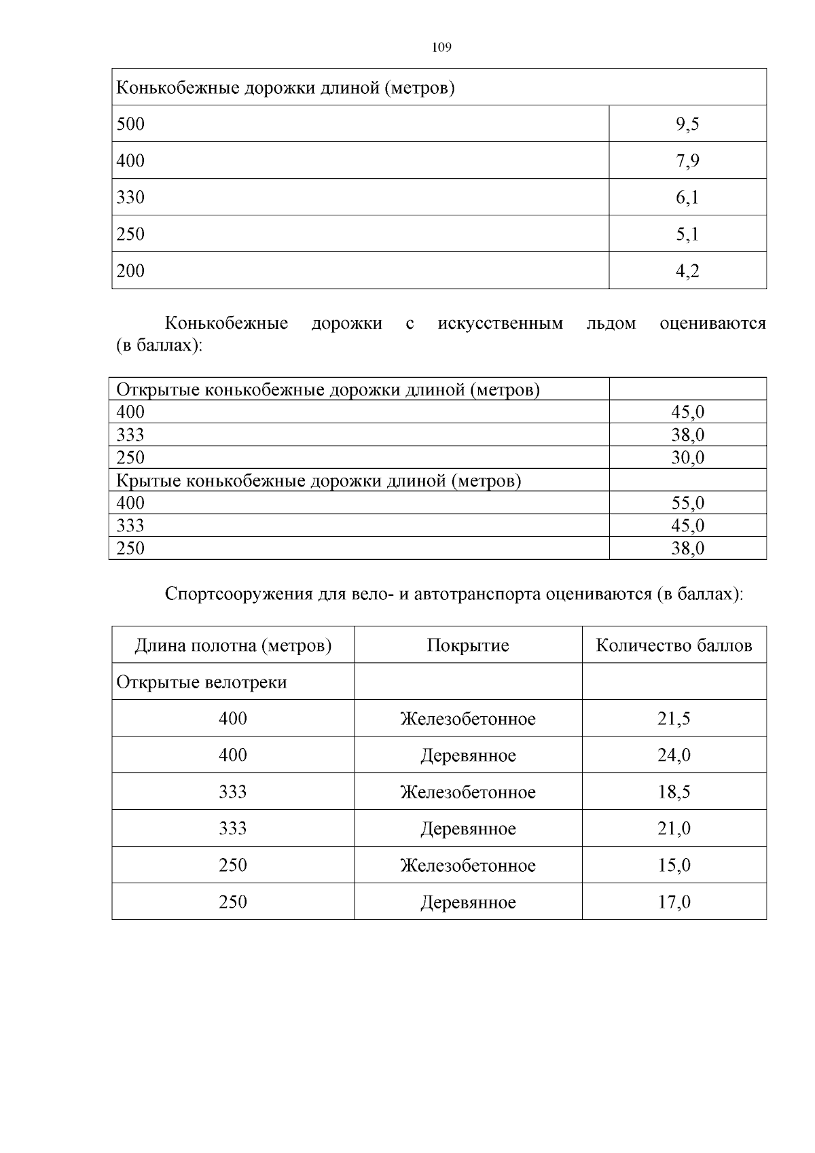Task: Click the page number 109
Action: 441,48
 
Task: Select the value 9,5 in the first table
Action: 687,124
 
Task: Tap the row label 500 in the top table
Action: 130,124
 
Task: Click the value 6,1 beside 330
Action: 687,198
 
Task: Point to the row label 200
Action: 130,271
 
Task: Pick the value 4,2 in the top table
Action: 687,271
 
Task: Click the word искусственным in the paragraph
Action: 501,323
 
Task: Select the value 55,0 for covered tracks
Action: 687,503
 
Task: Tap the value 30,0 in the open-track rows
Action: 687,458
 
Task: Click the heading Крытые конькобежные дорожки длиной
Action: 319,481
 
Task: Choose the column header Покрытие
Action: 468,645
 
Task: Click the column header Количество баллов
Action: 674,645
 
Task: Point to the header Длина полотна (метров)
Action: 233,645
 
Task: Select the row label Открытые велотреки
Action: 202,682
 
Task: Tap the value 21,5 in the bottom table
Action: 674,719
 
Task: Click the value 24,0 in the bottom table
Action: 674,756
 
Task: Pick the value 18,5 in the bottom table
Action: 674,792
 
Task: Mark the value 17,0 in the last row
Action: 674,902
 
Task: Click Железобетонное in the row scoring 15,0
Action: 468,866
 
